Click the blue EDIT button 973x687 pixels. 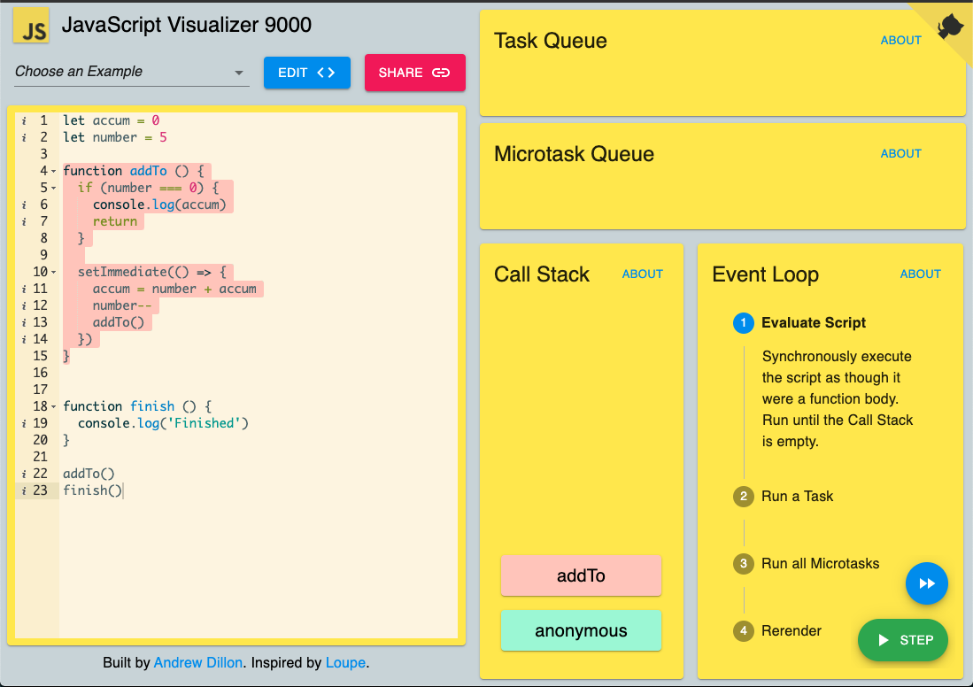306,73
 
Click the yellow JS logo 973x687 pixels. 31,25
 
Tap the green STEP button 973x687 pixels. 903,640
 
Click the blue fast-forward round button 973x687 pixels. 926,583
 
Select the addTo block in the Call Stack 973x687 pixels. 581,575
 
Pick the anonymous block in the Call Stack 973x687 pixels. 581,630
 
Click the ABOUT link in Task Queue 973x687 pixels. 901,41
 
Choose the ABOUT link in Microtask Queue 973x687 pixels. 901,153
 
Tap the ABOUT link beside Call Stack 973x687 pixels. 642,274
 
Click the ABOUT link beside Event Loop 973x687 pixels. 920,274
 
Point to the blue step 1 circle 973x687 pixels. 744,323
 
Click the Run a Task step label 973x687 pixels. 797,496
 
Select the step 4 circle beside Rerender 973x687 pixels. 744,631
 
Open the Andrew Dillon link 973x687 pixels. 198,663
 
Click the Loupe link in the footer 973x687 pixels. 345,663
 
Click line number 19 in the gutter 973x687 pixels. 41,423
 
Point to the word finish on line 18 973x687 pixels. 152,406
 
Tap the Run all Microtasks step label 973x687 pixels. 821,564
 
